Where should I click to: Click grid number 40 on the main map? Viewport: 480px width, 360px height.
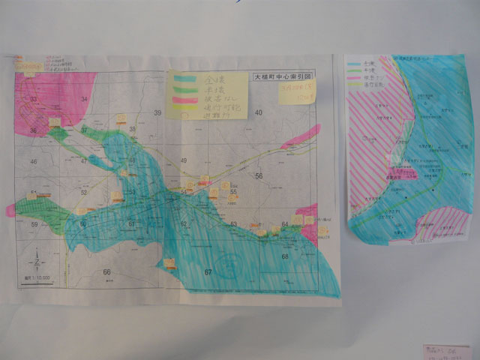click(259, 113)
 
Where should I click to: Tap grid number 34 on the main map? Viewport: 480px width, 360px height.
click(84, 99)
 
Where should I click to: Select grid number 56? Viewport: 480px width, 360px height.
click(259, 175)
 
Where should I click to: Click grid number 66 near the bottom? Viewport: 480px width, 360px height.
click(107, 272)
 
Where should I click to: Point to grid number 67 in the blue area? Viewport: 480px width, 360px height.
click(208, 271)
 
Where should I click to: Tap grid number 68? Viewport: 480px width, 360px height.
click(285, 257)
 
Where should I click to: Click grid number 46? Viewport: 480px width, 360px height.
click(33, 162)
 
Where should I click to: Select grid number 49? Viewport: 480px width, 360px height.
click(184, 161)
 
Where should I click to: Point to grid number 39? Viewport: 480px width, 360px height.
click(158, 112)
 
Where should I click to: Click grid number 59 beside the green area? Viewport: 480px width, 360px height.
click(34, 224)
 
